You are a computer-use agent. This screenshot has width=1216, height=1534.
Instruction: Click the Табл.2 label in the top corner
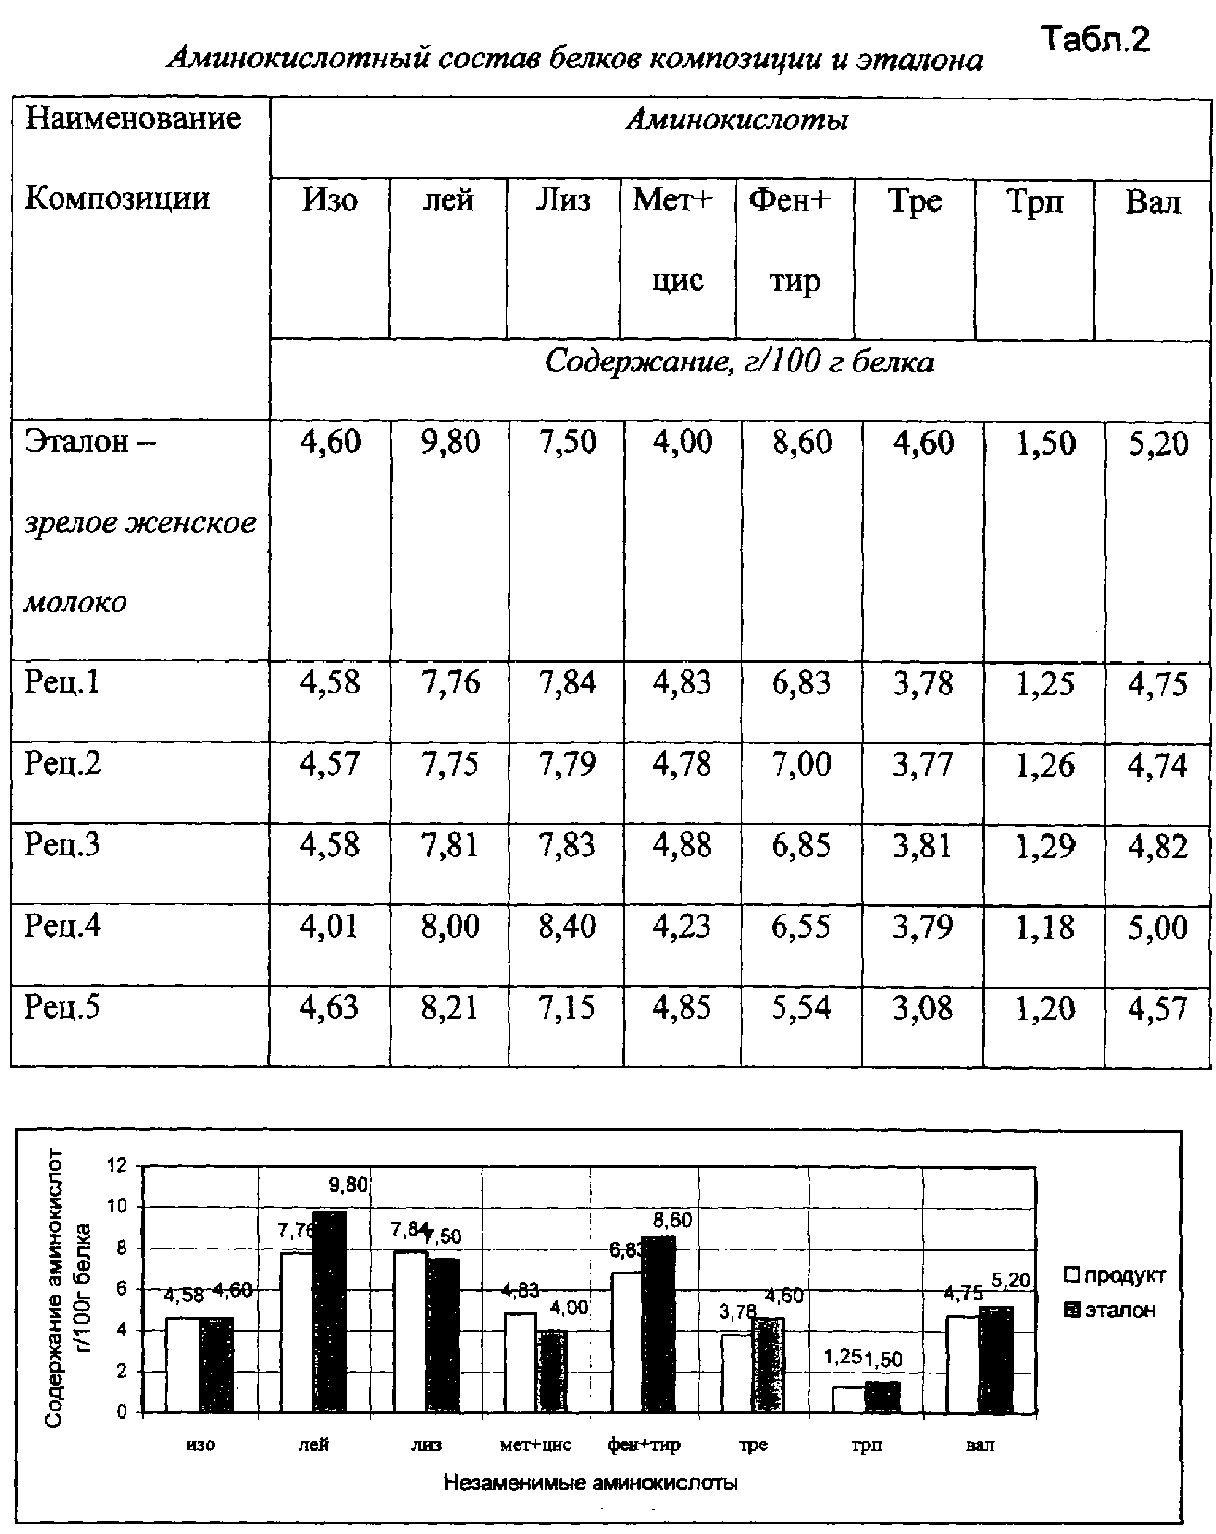coord(1095,39)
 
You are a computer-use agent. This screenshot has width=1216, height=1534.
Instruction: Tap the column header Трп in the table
coord(1034,201)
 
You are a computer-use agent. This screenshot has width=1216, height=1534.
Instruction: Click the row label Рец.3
coord(63,844)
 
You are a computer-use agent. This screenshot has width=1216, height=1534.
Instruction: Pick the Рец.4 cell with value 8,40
coord(566,927)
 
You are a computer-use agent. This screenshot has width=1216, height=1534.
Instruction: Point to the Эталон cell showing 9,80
coord(450,442)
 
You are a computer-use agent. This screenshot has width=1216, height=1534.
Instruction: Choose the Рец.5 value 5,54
coord(801,1008)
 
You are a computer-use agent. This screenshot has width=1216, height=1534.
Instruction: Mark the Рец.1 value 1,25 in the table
coord(1045,684)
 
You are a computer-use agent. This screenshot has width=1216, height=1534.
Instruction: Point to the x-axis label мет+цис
coord(535,1445)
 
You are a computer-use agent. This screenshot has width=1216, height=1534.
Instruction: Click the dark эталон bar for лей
coord(330,1311)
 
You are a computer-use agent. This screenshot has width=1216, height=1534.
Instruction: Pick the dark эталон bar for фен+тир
coord(659,1324)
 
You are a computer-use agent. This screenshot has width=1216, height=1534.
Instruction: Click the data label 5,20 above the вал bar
coord(1010,1280)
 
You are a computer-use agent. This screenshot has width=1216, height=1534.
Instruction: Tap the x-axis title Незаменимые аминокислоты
coord(591,1483)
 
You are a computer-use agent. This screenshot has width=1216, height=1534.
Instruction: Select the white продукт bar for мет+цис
coord(520,1362)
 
